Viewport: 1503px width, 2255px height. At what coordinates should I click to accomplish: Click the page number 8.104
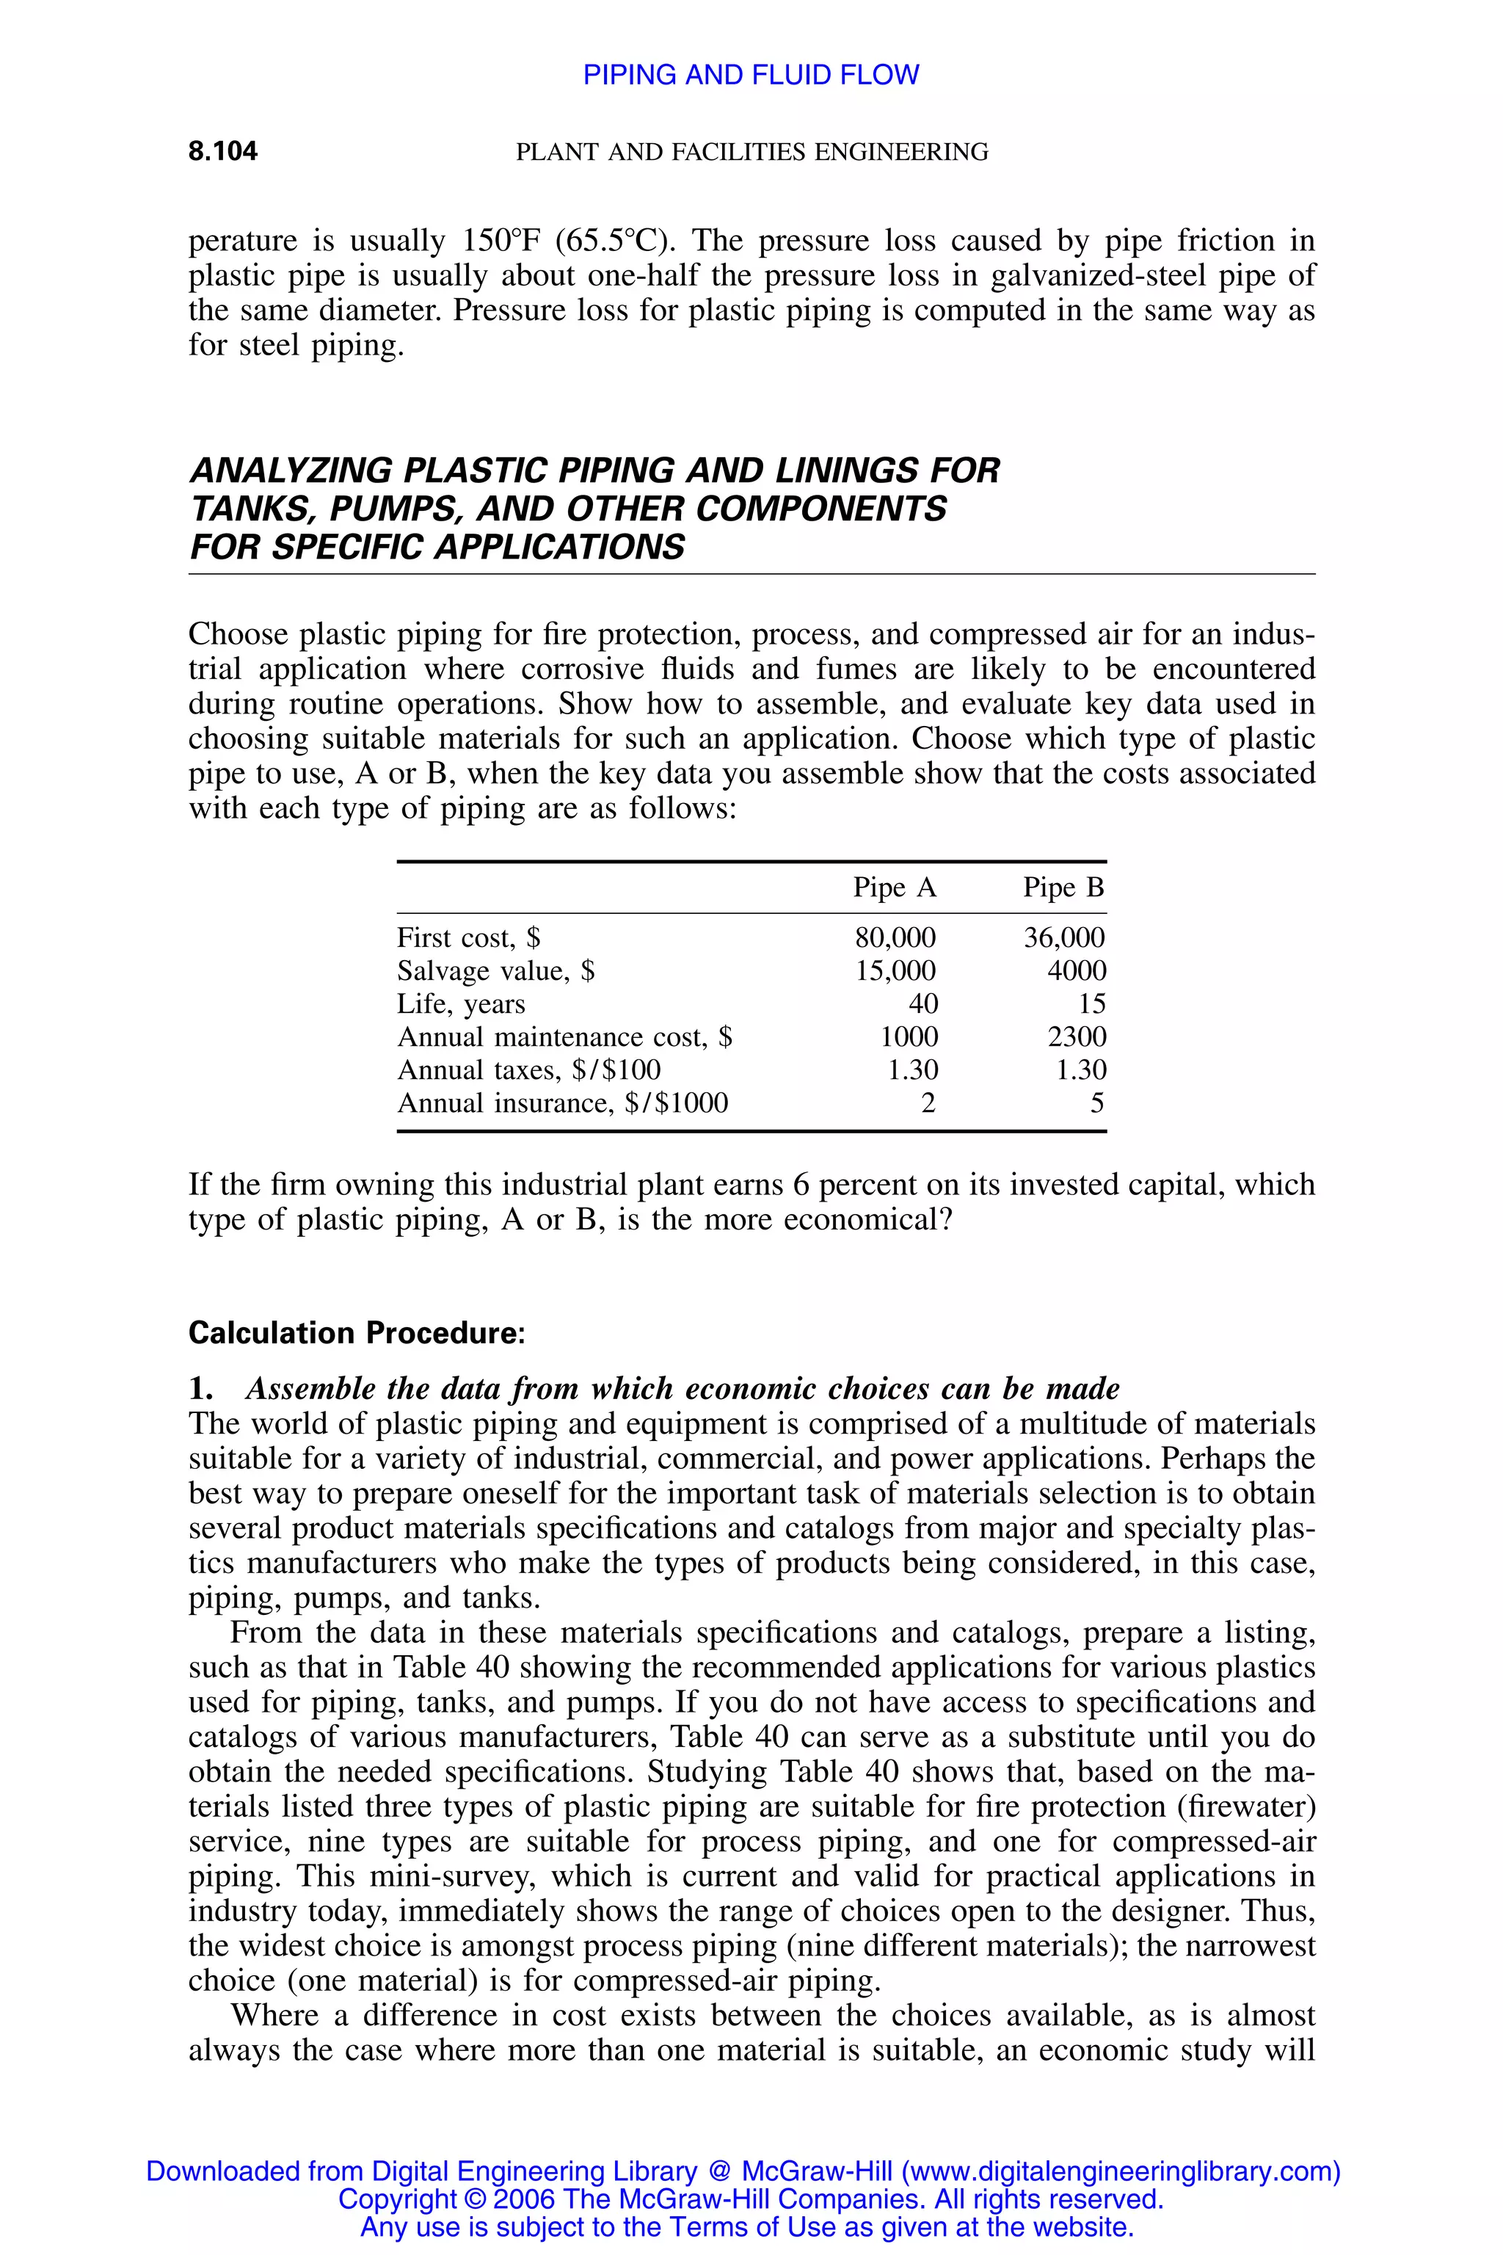222,151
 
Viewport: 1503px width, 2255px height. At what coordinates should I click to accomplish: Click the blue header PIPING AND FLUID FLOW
751,75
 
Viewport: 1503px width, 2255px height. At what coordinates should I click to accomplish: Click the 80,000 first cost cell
895,937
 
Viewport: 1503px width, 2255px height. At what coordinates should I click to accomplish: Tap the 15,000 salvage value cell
895,971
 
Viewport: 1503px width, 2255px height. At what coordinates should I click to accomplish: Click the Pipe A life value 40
922,1004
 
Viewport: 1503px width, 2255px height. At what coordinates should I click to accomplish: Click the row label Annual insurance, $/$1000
563,1103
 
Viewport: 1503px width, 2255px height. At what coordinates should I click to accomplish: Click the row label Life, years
461,1004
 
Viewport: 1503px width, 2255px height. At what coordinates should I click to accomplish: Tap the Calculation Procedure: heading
357,1333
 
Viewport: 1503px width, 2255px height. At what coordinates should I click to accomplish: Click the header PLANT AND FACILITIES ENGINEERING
751,151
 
